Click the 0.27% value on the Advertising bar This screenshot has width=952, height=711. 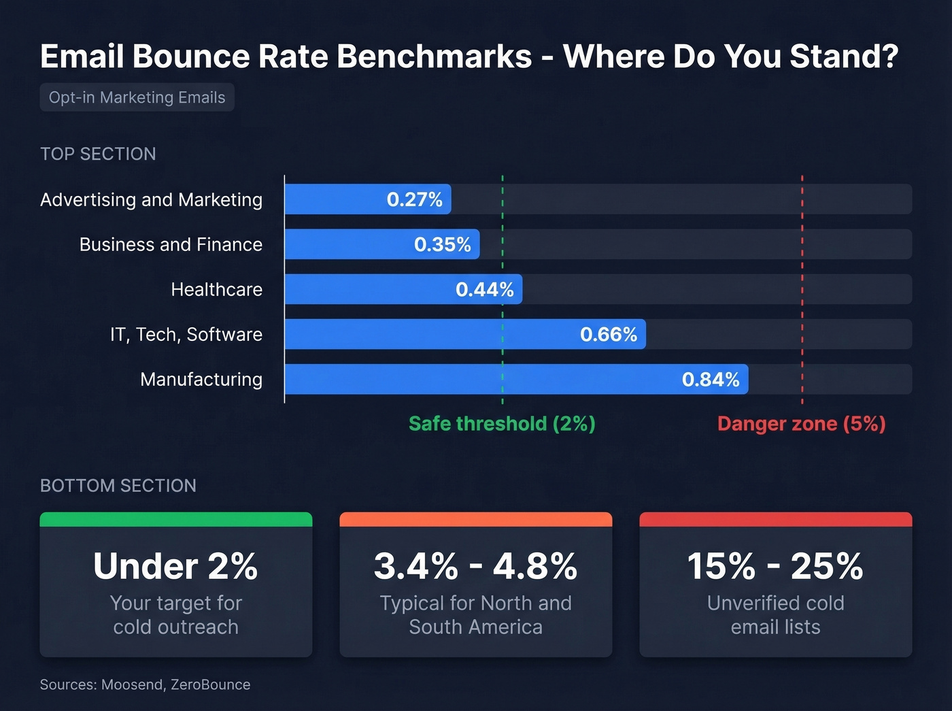point(414,199)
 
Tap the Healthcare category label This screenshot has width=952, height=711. point(216,290)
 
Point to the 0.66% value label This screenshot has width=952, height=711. point(608,334)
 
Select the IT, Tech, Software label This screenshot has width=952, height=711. point(186,335)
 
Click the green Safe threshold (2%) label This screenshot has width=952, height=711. point(502,424)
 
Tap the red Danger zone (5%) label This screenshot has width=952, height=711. point(801,424)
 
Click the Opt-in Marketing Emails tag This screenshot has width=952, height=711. point(137,97)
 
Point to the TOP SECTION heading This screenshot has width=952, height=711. point(98,154)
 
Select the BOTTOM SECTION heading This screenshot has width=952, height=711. point(118,486)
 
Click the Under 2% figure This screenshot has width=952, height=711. point(175,566)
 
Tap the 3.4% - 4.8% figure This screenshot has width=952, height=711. point(475,566)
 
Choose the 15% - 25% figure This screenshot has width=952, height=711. point(775,566)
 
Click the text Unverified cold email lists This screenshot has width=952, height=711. point(775,615)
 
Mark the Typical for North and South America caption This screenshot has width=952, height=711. point(475,615)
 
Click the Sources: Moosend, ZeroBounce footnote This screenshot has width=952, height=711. point(145,684)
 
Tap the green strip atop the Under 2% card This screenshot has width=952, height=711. point(175,520)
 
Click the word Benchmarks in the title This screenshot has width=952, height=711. point(434,56)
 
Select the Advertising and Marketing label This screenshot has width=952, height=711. point(151,200)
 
